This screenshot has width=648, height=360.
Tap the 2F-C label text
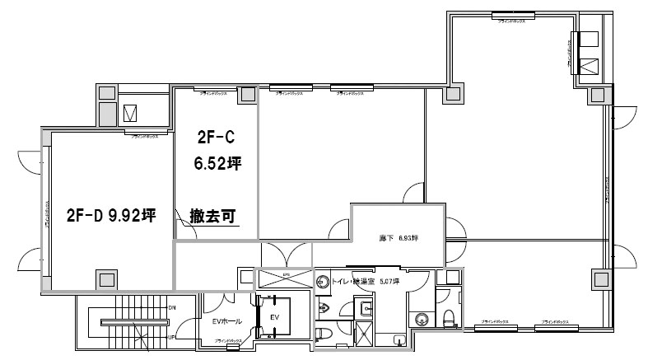pos(216,136)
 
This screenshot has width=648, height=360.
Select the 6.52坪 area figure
pos(217,163)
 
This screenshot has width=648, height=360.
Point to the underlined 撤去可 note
pos(212,217)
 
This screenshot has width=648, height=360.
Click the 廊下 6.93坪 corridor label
pos(399,238)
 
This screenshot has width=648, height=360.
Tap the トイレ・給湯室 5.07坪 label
pos(366,282)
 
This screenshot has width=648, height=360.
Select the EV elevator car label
pos(275,316)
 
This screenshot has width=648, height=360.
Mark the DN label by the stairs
pos(172,308)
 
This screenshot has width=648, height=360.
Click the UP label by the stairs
pos(172,337)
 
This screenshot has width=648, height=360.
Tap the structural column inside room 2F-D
pos(105,279)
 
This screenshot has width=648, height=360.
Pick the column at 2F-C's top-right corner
pos(246,94)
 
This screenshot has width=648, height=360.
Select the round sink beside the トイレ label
pos(322,281)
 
